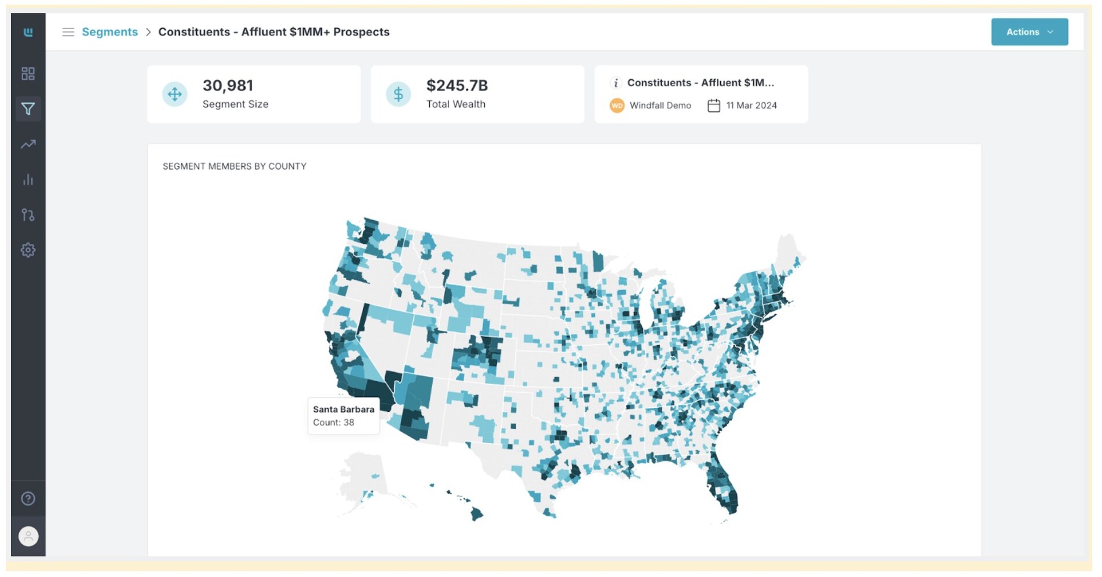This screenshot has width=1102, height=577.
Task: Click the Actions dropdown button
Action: click(x=1029, y=32)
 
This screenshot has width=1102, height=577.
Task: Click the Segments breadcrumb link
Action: click(x=110, y=32)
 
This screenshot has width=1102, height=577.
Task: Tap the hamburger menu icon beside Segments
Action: click(x=68, y=32)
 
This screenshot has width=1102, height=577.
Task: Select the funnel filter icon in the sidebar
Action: click(x=28, y=109)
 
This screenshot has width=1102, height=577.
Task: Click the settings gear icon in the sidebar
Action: click(x=28, y=250)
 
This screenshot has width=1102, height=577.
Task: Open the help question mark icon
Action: click(x=28, y=499)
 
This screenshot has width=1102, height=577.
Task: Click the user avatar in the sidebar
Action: click(x=28, y=536)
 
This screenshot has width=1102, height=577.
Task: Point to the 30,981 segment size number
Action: click(x=228, y=86)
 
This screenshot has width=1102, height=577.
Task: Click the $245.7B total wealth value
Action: click(x=457, y=86)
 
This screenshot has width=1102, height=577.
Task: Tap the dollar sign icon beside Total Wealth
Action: click(x=399, y=94)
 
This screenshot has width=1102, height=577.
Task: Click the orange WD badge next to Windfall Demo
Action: click(x=617, y=105)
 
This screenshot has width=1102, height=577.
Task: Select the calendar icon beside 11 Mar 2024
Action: click(x=714, y=105)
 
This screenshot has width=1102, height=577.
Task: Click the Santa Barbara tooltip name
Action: click(x=344, y=409)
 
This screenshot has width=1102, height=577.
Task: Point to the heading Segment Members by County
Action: click(x=235, y=166)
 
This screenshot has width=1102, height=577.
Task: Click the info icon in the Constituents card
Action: click(x=616, y=83)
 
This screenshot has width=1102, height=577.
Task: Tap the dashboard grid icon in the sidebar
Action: click(x=28, y=74)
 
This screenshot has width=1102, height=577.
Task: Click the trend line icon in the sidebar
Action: click(x=28, y=144)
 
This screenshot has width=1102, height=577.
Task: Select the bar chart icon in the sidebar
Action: click(x=28, y=180)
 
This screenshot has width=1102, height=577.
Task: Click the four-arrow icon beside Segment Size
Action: click(x=174, y=94)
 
